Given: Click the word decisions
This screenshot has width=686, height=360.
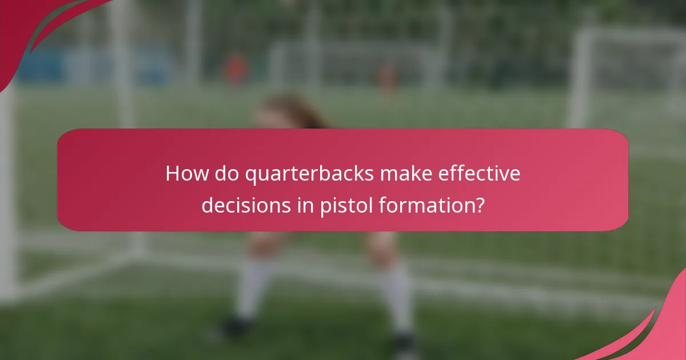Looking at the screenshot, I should (245, 205).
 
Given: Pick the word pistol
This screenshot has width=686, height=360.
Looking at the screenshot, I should (343, 205).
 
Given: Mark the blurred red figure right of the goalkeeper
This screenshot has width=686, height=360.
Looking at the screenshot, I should (388, 77).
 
